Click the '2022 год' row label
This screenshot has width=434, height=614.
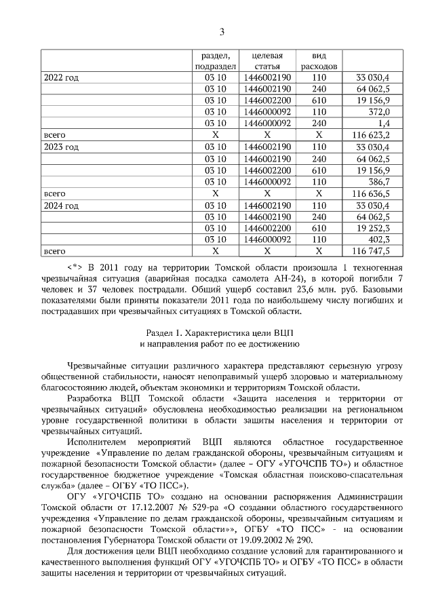[61, 78]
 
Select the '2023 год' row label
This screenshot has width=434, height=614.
[61, 147]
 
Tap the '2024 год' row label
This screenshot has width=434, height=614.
[61, 205]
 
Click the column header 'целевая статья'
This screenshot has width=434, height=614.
[267, 61]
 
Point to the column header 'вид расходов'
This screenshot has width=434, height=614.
[319, 61]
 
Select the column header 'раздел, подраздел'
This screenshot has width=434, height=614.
[215, 61]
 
